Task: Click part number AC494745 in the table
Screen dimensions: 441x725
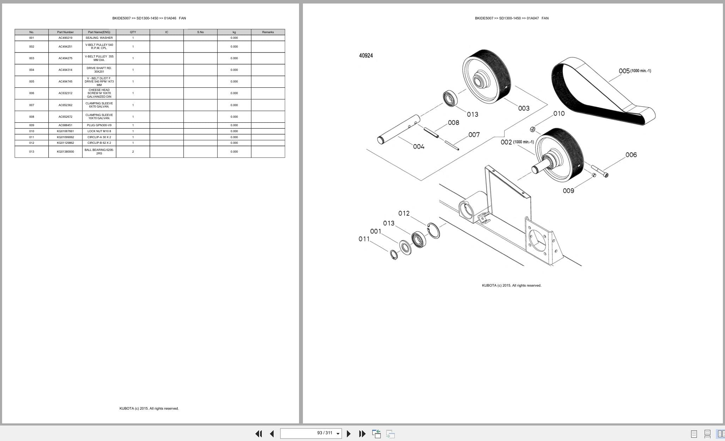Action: coord(65,81)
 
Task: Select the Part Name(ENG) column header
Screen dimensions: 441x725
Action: coord(99,32)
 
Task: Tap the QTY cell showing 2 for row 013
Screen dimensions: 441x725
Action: coord(133,152)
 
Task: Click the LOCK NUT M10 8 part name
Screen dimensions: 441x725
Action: coord(99,131)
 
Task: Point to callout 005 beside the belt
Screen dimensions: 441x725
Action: coord(624,71)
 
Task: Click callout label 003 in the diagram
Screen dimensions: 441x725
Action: coord(524,108)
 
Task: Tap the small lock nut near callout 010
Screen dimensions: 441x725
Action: coord(533,129)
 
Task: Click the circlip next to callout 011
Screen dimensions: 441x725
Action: coord(394,255)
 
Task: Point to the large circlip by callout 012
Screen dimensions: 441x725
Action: coord(433,231)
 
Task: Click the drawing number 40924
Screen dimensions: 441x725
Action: coord(366,55)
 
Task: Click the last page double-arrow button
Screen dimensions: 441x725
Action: coord(362,434)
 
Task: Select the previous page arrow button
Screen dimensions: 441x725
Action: coord(272,434)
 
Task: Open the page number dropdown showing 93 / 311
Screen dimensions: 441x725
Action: coord(338,434)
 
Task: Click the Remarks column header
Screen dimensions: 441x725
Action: coord(268,32)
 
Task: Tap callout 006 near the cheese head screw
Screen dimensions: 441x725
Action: coord(631,155)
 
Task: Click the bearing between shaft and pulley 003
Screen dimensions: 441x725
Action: coord(450,98)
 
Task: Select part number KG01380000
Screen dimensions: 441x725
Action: coord(65,152)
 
